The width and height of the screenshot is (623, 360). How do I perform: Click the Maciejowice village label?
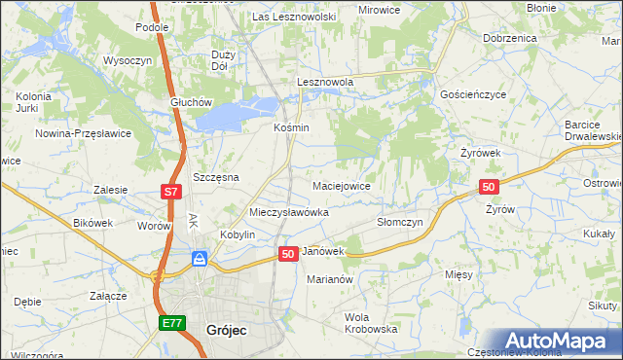pos(340,185)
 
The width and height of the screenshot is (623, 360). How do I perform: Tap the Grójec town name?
pos(227,330)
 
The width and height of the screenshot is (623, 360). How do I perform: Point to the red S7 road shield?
pos(170,193)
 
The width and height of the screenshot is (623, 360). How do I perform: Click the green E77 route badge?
pos(171,322)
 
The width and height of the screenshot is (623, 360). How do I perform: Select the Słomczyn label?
pos(400,222)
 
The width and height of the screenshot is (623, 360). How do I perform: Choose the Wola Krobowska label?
pos(364,323)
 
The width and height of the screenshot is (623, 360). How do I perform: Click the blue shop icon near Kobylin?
pos(200,258)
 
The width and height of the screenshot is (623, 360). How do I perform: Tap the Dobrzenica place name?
pos(509,38)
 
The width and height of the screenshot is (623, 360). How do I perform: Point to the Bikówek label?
pos(93,223)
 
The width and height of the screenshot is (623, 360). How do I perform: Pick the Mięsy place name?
pos(458,274)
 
